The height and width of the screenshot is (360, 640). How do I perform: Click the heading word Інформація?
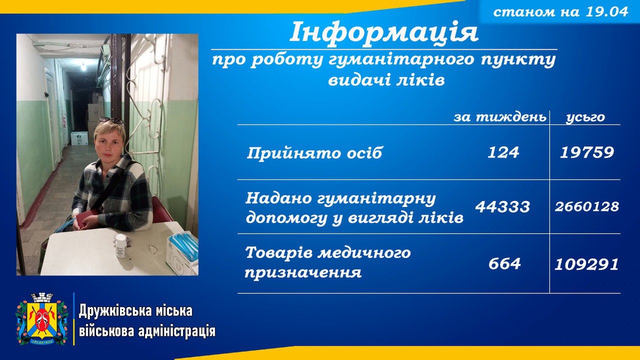(x=384, y=33)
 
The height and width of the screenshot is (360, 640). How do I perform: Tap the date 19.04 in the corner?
(x=606, y=11)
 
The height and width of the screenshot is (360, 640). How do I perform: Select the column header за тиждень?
(x=500, y=117)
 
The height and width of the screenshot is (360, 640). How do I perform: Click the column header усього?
(x=585, y=118)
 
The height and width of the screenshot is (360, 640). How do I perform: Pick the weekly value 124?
(x=503, y=152)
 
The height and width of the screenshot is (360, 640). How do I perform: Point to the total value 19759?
(x=587, y=152)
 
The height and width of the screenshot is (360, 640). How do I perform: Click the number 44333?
(x=503, y=207)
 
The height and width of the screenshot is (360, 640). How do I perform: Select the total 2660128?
(x=587, y=206)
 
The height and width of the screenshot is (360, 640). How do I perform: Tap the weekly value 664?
(x=504, y=263)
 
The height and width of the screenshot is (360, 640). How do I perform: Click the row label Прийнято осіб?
(x=314, y=154)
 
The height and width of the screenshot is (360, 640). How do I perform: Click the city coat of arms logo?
(x=41, y=319)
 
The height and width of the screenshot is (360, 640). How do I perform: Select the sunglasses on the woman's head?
(x=110, y=121)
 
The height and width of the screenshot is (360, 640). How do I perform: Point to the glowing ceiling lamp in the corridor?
(x=83, y=67)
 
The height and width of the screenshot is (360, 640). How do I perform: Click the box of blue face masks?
(x=182, y=251)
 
